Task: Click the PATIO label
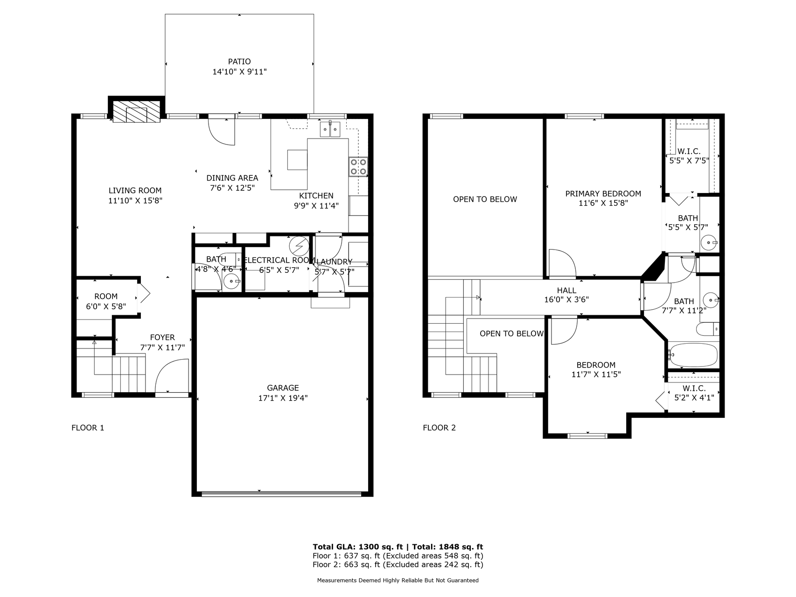click(239, 62)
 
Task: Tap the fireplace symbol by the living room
click(137, 112)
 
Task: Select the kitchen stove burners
click(358, 167)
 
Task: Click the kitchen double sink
click(331, 129)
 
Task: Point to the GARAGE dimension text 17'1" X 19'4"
click(283, 398)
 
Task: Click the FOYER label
click(162, 338)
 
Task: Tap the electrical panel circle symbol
click(299, 245)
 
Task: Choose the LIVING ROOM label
click(135, 190)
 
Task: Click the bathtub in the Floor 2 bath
click(693, 355)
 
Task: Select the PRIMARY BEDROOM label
click(603, 194)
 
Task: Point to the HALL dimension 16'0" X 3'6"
click(566, 300)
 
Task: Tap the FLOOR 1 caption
click(88, 428)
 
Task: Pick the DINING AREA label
click(232, 178)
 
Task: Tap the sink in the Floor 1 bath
click(231, 281)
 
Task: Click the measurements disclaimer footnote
click(398, 581)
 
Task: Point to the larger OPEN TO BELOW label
click(485, 199)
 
